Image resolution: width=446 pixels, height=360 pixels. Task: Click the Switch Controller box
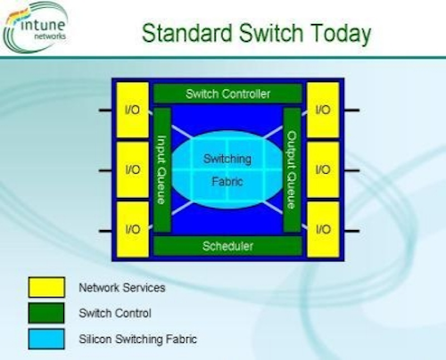pyautogui.click(x=227, y=94)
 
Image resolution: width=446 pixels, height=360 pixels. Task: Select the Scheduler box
pyautogui.click(x=227, y=246)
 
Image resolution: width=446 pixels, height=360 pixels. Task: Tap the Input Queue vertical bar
pyautogui.click(x=162, y=170)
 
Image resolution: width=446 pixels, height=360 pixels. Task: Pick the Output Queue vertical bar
pyautogui.click(x=292, y=170)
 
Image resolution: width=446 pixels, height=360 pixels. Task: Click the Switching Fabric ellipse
pyautogui.click(x=227, y=170)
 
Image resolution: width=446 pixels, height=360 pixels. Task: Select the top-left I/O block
pyautogui.click(x=133, y=110)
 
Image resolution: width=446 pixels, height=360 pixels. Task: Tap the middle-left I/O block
pyautogui.click(x=133, y=170)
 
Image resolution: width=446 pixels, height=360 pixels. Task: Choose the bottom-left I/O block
pyautogui.click(x=133, y=229)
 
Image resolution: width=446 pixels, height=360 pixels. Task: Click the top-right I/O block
pyautogui.click(x=323, y=110)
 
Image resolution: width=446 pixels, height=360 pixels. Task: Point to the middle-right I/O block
pyautogui.click(x=323, y=170)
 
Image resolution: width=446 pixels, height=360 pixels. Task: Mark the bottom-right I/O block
pyautogui.click(x=323, y=229)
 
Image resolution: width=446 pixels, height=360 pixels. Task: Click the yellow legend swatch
pyautogui.click(x=46, y=287)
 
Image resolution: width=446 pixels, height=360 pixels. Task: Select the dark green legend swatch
pyautogui.click(x=46, y=313)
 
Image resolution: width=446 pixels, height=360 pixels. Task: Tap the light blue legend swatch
pyautogui.click(x=46, y=339)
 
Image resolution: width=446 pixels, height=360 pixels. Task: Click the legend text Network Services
pyautogui.click(x=122, y=288)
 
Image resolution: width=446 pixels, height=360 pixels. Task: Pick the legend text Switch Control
pyautogui.click(x=115, y=313)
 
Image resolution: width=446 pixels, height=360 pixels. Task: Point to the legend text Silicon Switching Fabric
pyautogui.click(x=137, y=340)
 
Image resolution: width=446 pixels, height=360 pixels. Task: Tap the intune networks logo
pyautogui.click(x=36, y=28)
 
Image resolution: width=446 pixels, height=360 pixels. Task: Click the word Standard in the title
pyautogui.click(x=187, y=33)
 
